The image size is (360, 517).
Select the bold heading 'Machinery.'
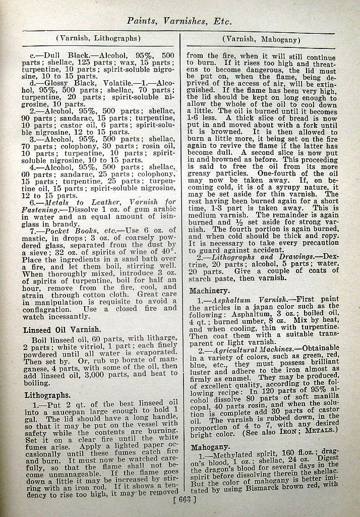(210, 291)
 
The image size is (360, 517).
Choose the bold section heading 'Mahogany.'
(211, 447)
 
